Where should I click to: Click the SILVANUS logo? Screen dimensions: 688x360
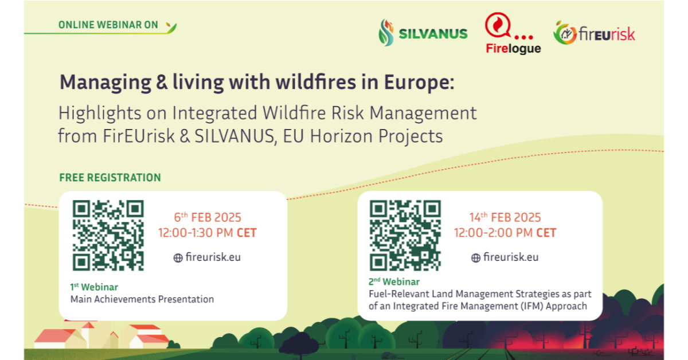click(x=423, y=33)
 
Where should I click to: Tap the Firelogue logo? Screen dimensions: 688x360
click(x=513, y=33)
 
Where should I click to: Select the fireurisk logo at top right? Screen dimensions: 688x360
click(x=594, y=33)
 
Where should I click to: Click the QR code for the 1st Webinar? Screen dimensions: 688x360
click(x=108, y=236)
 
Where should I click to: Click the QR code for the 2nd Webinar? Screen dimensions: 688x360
click(x=405, y=236)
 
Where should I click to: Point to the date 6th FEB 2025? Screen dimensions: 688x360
click(x=208, y=217)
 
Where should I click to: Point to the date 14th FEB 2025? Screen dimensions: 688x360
click(x=505, y=217)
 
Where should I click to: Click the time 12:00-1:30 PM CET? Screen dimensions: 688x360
click(x=208, y=233)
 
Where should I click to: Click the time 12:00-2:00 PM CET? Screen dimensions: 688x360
click(x=505, y=233)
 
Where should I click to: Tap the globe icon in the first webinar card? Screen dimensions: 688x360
click(x=178, y=258)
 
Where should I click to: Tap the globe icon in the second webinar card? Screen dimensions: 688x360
click(x=476, y=258)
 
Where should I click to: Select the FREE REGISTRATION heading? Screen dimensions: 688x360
click(x=110, y=178)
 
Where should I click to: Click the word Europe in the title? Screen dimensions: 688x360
click(x=419, y=83)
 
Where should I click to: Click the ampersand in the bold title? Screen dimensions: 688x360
click(x=162, y=83)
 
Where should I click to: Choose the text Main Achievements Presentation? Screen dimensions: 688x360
click(x=142, y=299)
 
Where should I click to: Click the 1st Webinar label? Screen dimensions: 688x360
click(x=94, y=287)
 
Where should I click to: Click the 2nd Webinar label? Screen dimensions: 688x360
click(x=394, y=281)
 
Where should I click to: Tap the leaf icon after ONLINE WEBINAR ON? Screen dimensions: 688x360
click(x=171, y=28)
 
